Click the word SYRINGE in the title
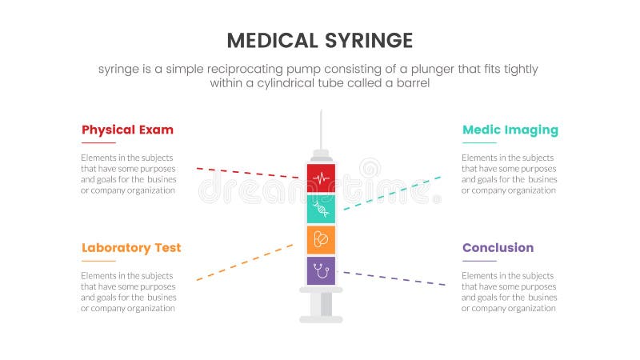tap(366, 41)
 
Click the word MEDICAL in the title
tap(274, 41)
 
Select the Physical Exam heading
tap(127, 130)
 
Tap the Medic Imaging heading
tap(510, 130)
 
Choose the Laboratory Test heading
tap(131, 247)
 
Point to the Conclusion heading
tap(498, 247)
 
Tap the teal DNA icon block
tap(321, 209)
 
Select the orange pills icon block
tap(321, 239)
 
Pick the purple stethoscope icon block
tap(321, 270)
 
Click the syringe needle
tap(321, 128)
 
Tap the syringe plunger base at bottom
tap(321, 319)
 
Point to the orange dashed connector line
tap(245, 262)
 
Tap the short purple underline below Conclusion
tap(479, 261)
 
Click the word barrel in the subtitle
tap(413, 82)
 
